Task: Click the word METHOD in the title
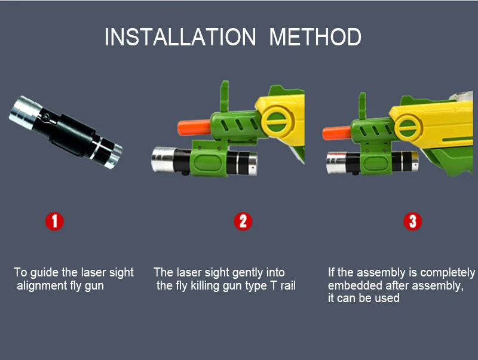(315, 37)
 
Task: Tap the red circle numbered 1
(54, 221)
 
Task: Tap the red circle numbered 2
(243, 221)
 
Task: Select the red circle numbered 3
(412, 221)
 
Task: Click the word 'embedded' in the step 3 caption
(353, 286)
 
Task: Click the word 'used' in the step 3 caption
(386, 299)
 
